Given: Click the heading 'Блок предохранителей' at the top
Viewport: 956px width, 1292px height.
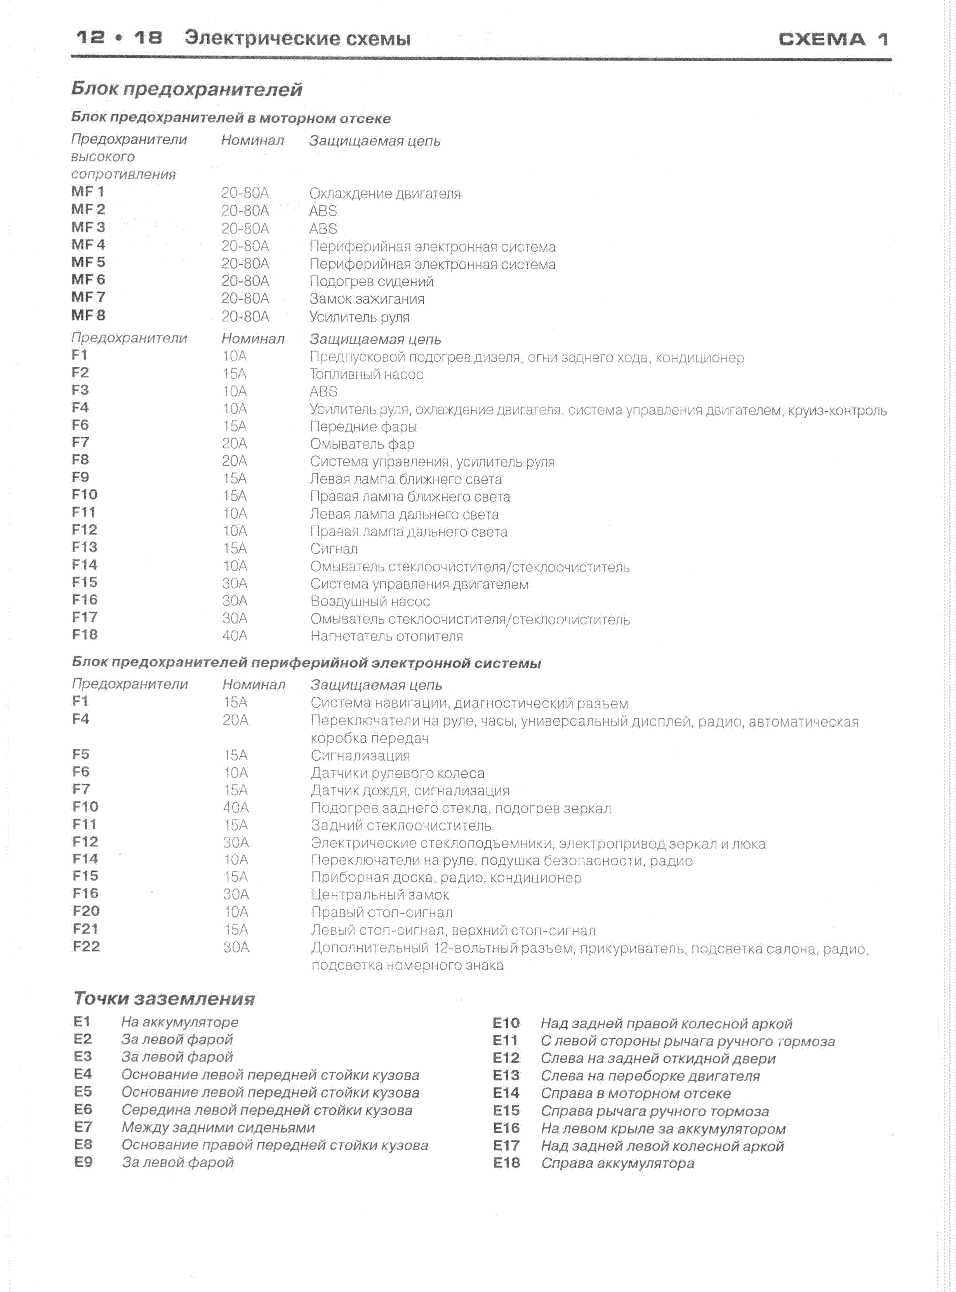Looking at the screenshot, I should [186, 89].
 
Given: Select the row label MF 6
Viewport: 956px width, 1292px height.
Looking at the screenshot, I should [88, 280].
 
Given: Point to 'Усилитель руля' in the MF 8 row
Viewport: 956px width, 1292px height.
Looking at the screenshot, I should [359, 317].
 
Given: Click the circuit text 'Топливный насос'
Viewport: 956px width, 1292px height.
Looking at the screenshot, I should [366, 374].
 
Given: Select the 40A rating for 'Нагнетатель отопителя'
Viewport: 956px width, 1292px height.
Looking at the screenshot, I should [235, 636].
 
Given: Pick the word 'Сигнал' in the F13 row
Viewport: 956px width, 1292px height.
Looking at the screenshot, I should [334, 549].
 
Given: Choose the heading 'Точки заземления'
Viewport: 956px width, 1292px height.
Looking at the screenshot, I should [164, 999].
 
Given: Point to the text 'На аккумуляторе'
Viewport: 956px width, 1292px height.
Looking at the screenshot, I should [179, 1022].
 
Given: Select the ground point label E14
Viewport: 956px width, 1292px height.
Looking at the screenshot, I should [506, 1093].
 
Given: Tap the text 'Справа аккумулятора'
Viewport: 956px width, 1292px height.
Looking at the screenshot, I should [617, 1163].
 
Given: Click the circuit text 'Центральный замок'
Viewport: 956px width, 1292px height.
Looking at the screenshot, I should [380, 895].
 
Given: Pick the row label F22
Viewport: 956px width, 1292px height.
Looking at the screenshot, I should [86, 947].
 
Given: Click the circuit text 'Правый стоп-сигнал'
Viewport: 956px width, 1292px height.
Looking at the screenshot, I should [382, 912].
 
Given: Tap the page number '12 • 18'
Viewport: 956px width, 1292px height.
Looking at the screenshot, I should [119, 38].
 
